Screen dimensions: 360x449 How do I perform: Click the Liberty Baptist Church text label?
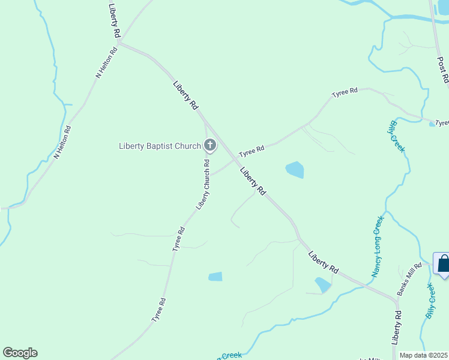tap(159, 145)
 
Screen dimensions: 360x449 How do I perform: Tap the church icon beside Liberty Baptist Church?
tap(210, 145)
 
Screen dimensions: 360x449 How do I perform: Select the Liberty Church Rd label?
tap(203, 184)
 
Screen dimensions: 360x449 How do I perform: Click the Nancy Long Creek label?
tap(377, 246)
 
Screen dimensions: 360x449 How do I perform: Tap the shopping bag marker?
tap(443, 264)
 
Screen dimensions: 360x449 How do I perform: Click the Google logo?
tap(20, 353)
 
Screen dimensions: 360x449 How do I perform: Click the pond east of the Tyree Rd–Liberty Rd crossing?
tap(295, 170)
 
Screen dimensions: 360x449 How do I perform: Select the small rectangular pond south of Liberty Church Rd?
tap(215, 277)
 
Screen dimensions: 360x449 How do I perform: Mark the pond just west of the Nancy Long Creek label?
tap(322, 284)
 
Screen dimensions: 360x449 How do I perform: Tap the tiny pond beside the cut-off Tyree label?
tap(432, 124)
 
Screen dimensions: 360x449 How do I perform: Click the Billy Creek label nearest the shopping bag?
tap(430, 301)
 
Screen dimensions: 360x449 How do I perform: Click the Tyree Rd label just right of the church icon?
tap(252, 151)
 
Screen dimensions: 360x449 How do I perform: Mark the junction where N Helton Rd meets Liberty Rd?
tap(119, 43)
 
